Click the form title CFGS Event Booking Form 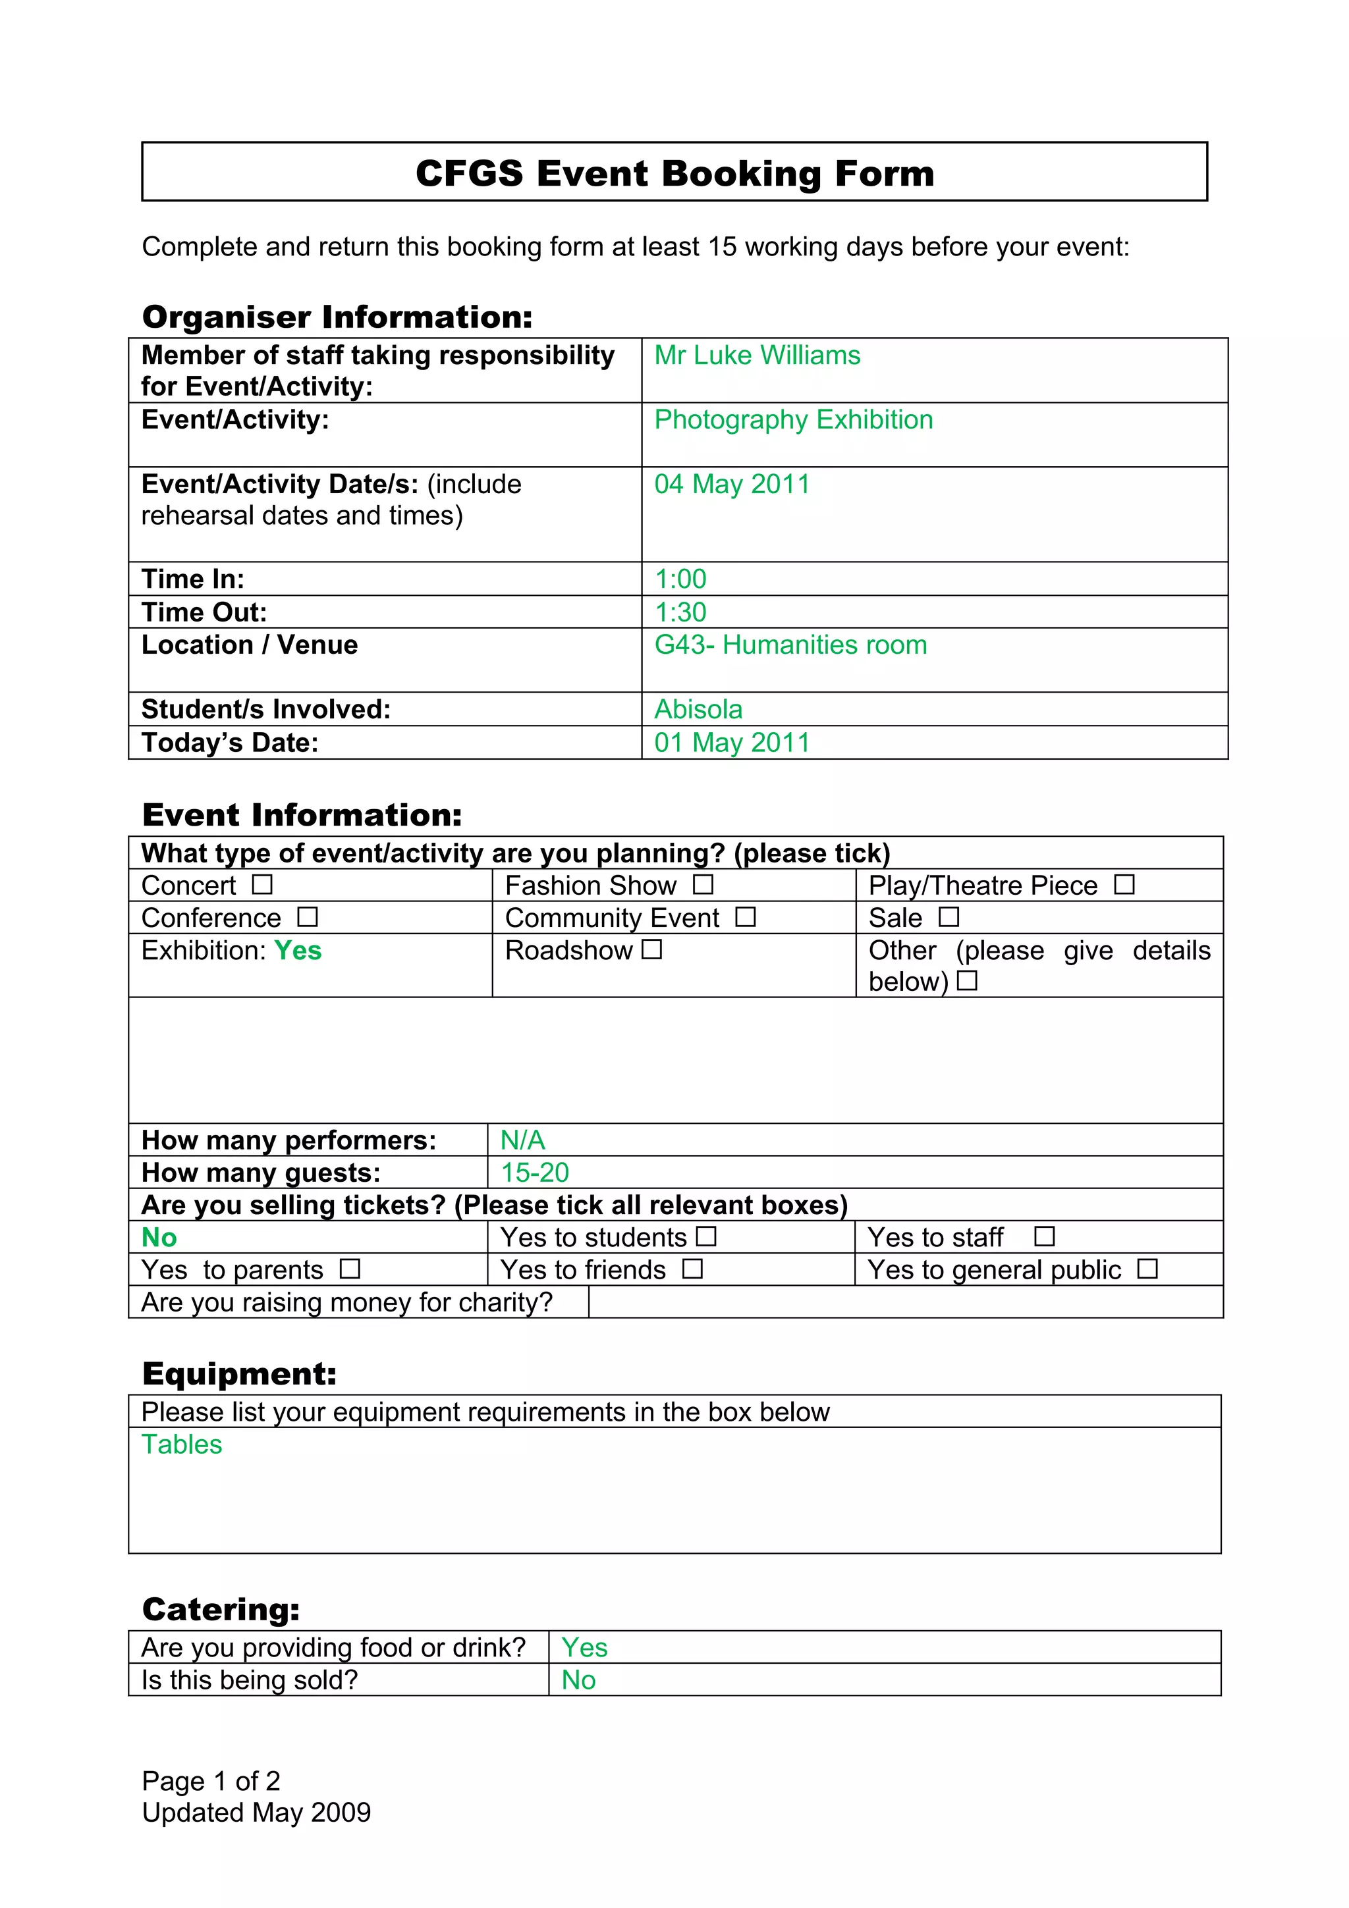tap(674, 173)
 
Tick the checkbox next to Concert tap(263, 884)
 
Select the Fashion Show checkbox tap(703, 884)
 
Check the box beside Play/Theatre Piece tap(1124, 884)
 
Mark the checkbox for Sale tap(949, 916)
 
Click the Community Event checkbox tap(746, 916)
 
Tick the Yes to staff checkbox tap(1044, 1236)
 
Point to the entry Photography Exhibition tap(793, 419)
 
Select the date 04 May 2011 tap(731, 484)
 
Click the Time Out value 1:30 tap(680, 612)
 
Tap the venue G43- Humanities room tap(790, 644)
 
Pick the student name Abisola tap(698, 709)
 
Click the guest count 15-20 tap(534, 1172)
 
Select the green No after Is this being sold tap(578, 1680)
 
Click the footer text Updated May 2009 tap(256, 1812)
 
